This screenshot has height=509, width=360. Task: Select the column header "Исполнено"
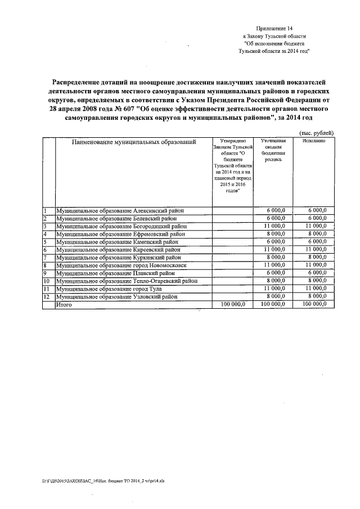coord(314,141)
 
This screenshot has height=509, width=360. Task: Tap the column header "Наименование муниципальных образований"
coord(133,142)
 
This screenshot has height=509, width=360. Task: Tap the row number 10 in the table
coord(47,281)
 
